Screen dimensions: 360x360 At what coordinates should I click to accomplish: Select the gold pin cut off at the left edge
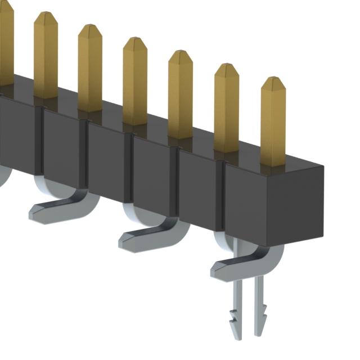(x=6, y=45)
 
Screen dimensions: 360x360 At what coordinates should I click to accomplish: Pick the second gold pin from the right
(x=226, y=107)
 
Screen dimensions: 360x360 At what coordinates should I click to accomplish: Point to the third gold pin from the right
(x=180, y=93)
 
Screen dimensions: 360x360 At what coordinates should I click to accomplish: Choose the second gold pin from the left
(x=46, y=53)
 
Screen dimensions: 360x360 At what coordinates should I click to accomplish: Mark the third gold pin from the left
(x=90, y=67)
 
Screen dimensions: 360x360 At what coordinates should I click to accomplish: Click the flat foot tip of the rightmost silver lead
(x=217, y=272)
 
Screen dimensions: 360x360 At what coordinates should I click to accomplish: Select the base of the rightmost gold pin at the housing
(x=273, y=163)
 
